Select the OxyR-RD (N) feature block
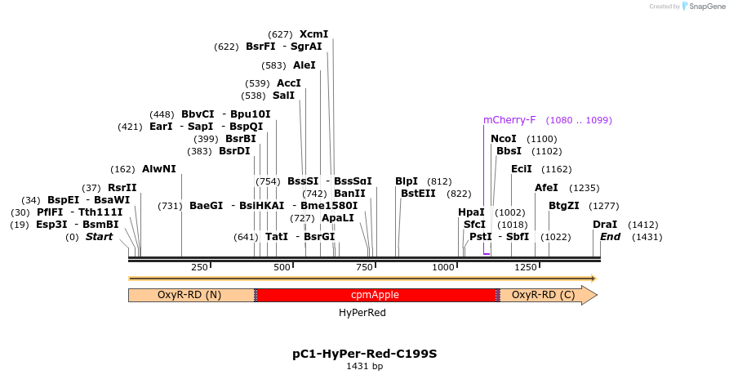189,295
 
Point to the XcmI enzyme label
313,34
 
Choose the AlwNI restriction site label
158,169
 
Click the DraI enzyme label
605,225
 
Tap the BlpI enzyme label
406,181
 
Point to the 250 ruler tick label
199,267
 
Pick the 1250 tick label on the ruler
527,267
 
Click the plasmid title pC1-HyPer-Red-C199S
364,354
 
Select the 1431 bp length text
364,367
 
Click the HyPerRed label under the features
362,313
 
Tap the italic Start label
99,237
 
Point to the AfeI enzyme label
546,188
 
